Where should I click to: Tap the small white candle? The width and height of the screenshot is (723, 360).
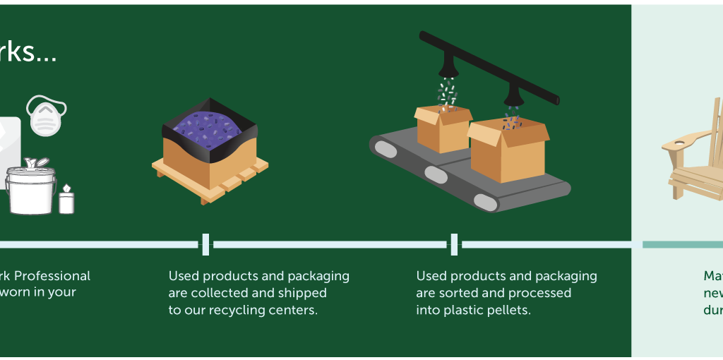pos(66,200)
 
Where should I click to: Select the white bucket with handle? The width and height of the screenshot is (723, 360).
pos(30,189)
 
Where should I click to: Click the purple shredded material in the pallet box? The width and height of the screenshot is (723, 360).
pos(210,126)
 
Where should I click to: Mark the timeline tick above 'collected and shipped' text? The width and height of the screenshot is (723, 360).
pos(205,244)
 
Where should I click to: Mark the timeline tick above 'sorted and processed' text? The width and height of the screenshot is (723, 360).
pos(454,244)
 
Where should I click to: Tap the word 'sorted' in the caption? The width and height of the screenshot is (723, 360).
pos(462,293)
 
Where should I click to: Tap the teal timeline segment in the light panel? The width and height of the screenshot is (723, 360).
pos(682,244)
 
